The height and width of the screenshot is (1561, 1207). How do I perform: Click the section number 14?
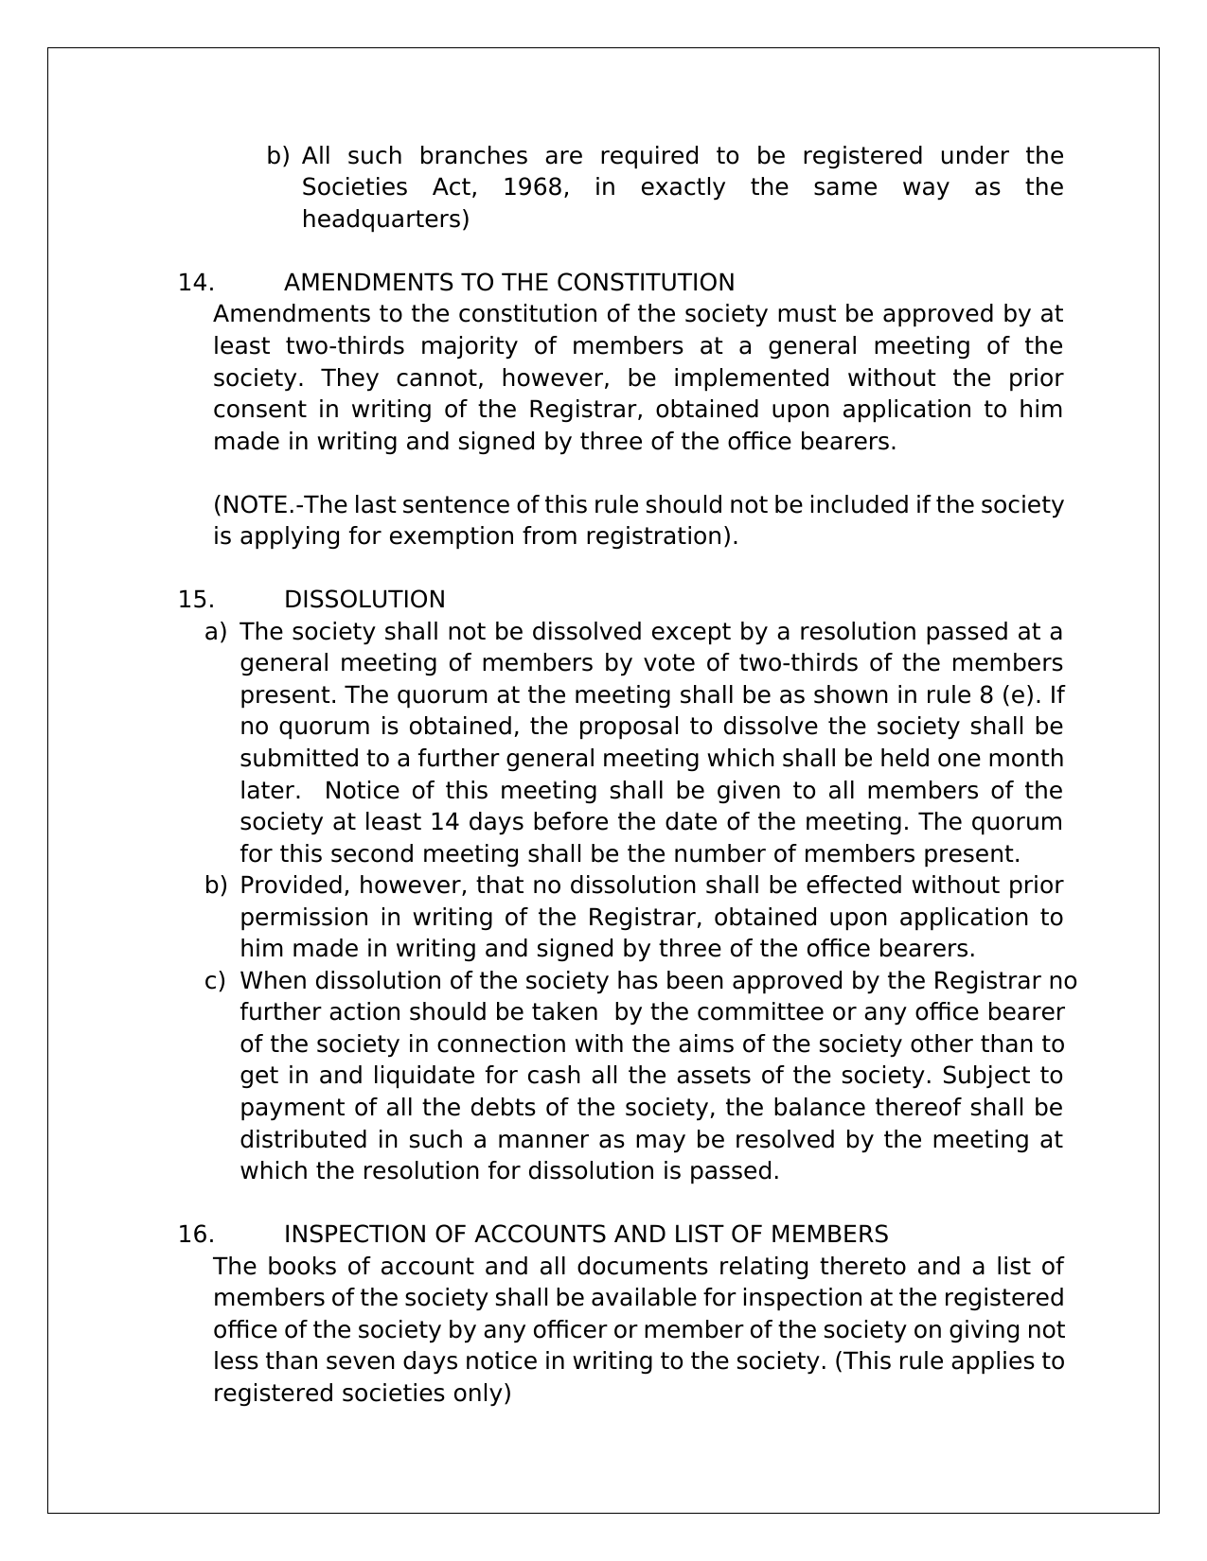[195, 283]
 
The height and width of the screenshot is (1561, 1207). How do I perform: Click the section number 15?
[195, 600]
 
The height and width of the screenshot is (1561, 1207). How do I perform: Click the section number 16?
[195, 1235]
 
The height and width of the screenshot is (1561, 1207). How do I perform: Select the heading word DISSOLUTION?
[364, 600]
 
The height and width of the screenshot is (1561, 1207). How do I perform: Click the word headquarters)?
[385, 219]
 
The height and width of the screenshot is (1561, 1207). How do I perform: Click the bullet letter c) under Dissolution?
[215, 981]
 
